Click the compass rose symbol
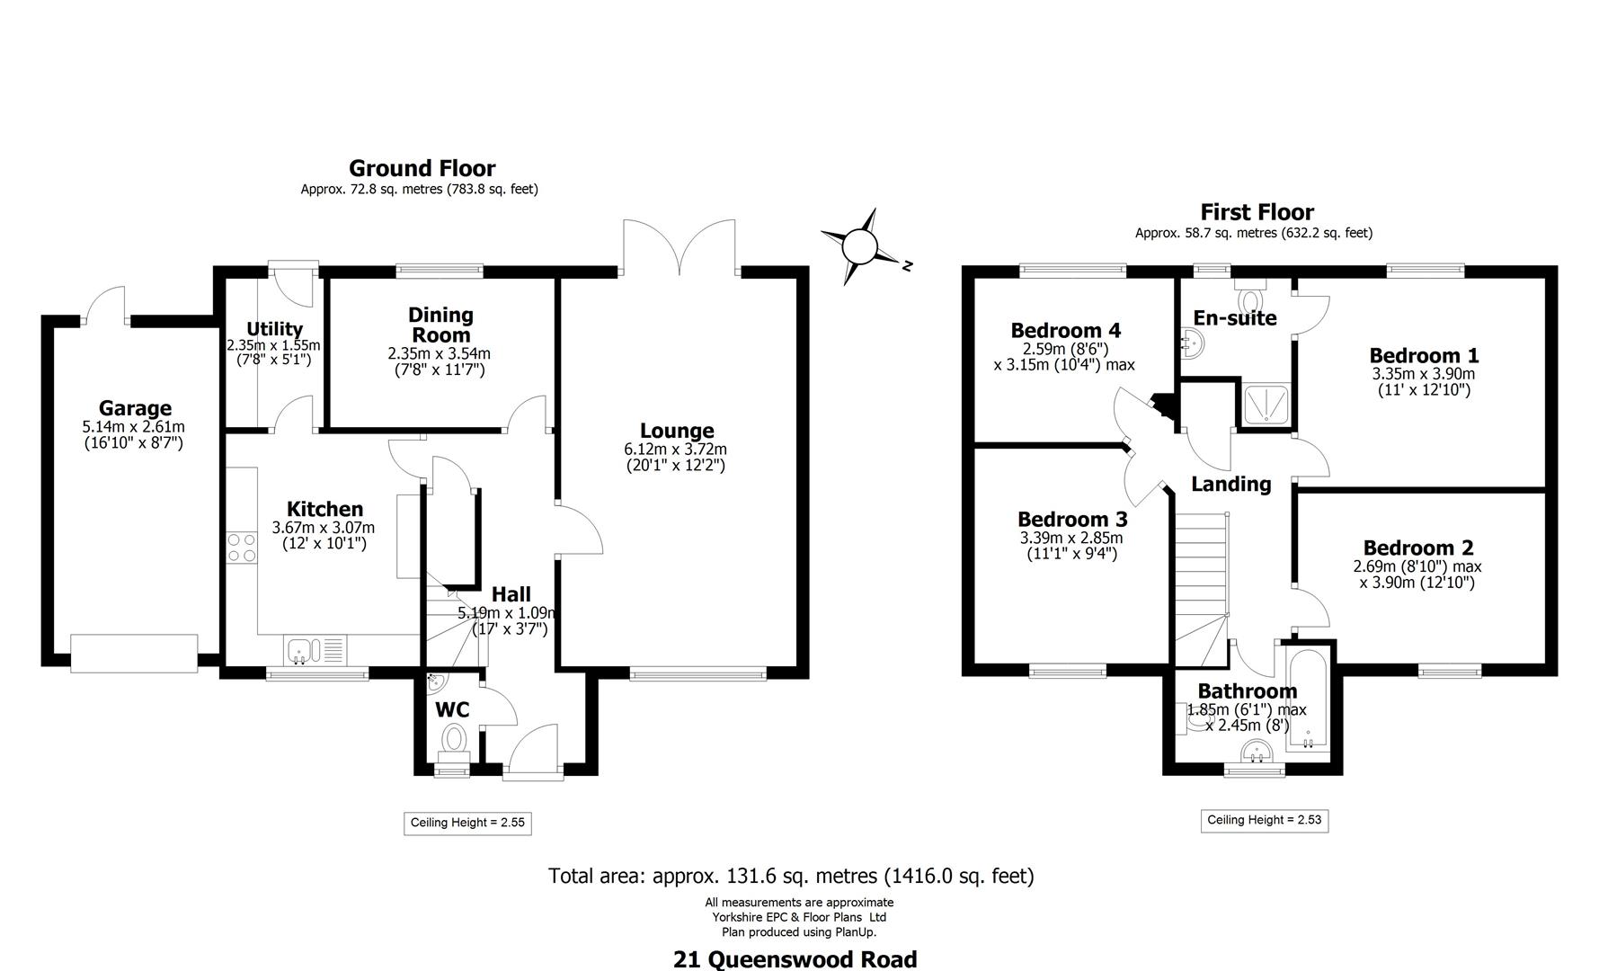point(859,245)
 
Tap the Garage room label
point(135,409)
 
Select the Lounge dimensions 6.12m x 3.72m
point(675,450)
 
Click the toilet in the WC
point(454,741)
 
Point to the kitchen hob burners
point(242,548)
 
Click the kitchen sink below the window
point(300,649)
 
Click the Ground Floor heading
point(422,168)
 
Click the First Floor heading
point(1257,212)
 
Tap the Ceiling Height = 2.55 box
point(466,823)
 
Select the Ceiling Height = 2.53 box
point(1264,820)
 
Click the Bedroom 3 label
point(1071,520)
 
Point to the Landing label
point(1230,484)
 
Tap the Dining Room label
point(440,325)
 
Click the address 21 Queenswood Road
point(795,959)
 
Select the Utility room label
point(274,329)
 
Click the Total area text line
point(791,876)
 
